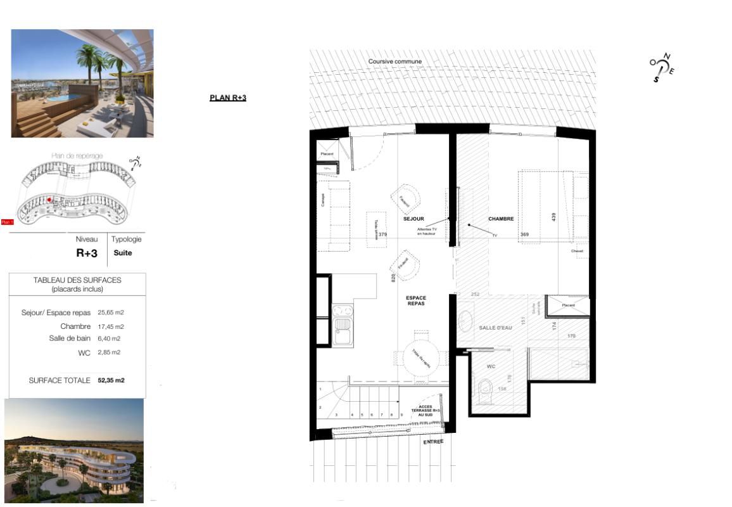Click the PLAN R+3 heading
click(x=227, y=98)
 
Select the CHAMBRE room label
click(x=500, y=219)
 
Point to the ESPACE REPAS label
click(x=416, y=301)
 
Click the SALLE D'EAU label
click(x=495, y=327)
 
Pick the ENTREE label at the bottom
click(x=433, y=442)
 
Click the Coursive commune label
click(x=395, y=61)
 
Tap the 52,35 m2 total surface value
click(x=111, y=381)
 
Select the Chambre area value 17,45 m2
click(x=111, y=327)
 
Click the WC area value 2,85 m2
click(x=109, y=352)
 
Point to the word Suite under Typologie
click(x=123, y=253)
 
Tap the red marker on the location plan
click(x=49, y=199)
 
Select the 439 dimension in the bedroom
click(x=553, y=217)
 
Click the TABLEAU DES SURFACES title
click(x=77, y=279)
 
